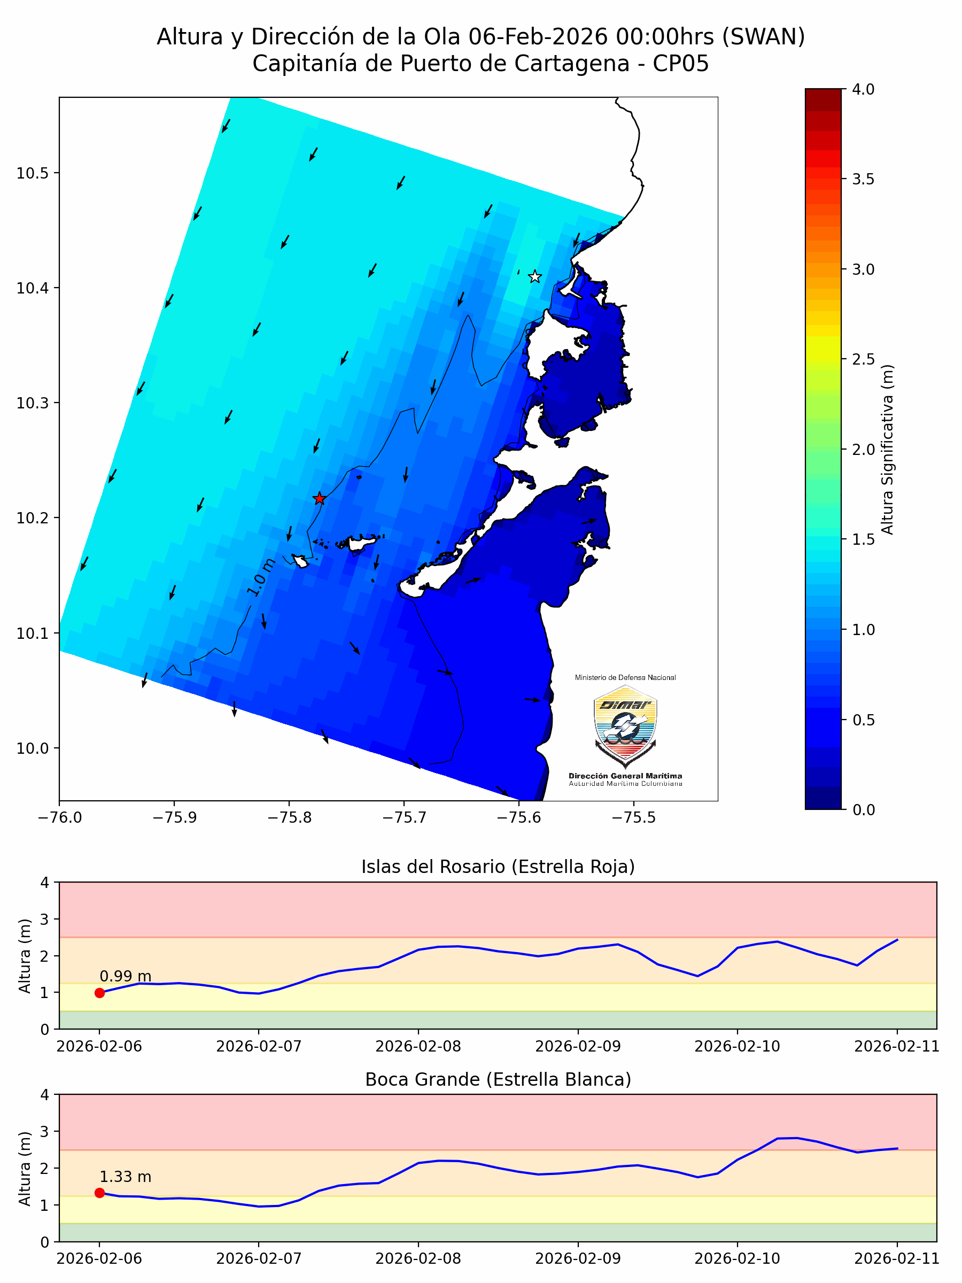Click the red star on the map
click(320, 499)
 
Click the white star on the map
click(534, 277)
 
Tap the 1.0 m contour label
click(261, 577)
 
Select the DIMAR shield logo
click(625, 725)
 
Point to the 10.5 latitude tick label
click(33, 173)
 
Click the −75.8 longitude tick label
click(289, 818)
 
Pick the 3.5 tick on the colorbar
click(863, 180)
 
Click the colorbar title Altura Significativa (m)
click(887, 450)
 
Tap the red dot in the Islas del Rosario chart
click(100, 993)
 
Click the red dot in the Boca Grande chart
click(100, 1193)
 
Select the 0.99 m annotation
click(125, 977)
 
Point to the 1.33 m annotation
click(125, 1177)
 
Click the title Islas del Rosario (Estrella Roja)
click(498, 867)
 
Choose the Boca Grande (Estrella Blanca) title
click(498, 1079)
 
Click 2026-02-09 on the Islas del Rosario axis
click(578, 1046)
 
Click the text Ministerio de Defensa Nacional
click(625, 677)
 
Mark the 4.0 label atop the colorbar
click(863, 89)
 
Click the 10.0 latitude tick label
click(33, 749)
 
